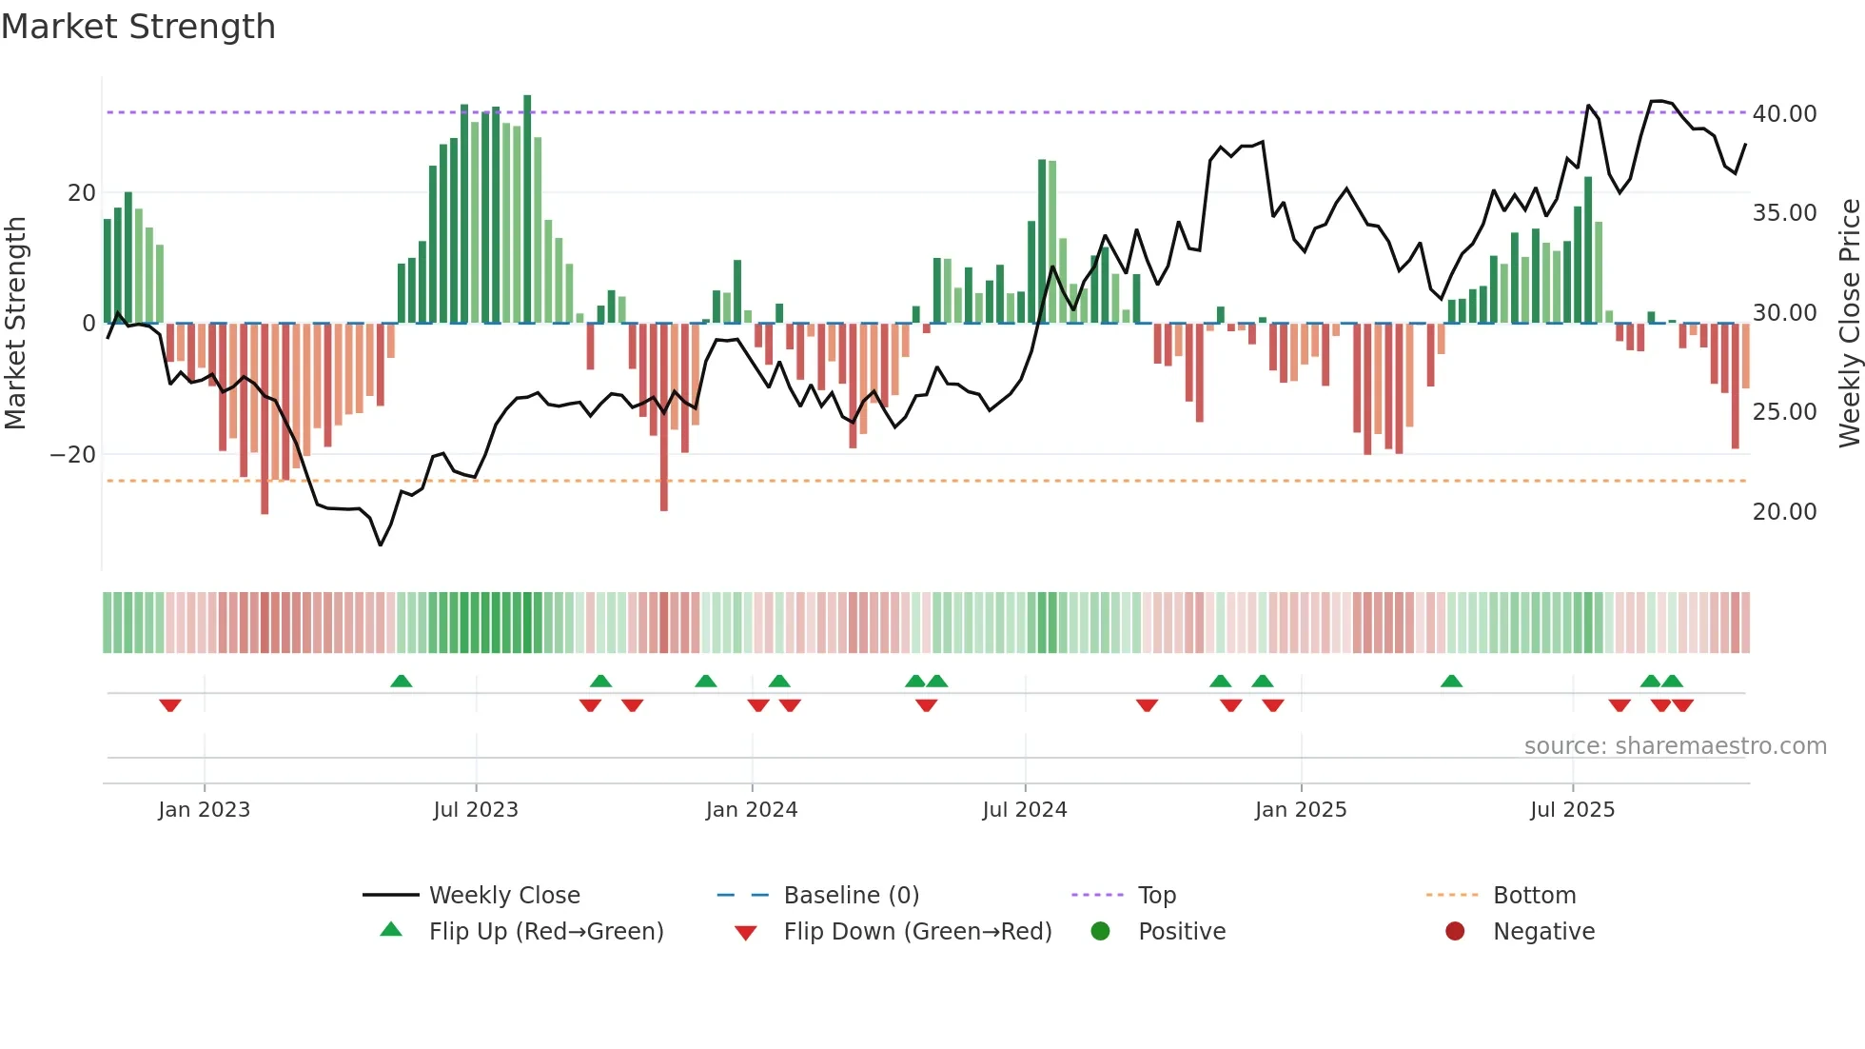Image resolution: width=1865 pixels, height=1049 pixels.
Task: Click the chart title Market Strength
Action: point(138,27)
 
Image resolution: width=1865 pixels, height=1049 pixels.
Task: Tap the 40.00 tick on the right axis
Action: point(1784,113)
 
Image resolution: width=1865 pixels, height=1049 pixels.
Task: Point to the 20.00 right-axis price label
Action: point(1784,512)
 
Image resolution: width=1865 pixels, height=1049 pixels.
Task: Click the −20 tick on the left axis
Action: point(73,455)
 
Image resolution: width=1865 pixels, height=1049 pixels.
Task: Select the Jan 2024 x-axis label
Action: point(751,810)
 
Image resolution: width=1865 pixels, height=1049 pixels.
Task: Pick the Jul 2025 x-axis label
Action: point(1572,810)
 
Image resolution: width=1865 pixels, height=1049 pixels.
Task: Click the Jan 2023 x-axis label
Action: point(204,810)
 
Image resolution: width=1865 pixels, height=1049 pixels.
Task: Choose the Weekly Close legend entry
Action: point(503,896)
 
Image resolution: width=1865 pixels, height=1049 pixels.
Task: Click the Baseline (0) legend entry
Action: point(851,896)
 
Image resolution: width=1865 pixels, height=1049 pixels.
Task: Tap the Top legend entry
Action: point(1156,896)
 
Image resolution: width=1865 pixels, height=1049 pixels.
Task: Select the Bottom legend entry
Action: point(1534,896)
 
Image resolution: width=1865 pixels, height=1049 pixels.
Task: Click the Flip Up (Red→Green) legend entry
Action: point(545,932)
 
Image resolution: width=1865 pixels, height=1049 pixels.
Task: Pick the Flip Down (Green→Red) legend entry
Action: point(917,932)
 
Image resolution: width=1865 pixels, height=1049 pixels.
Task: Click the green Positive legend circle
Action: point(1100,932)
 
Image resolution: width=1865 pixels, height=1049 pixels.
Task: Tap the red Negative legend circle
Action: point(1455,932)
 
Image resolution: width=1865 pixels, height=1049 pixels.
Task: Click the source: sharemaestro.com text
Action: point(1675,746)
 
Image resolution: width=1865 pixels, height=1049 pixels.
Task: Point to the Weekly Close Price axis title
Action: point(1849,324)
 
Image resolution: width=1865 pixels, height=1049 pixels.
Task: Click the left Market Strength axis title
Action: point(15,324)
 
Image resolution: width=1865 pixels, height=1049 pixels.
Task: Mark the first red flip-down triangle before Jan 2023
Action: point(170,705)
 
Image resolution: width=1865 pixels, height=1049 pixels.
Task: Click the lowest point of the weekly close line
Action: point(381,544)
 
